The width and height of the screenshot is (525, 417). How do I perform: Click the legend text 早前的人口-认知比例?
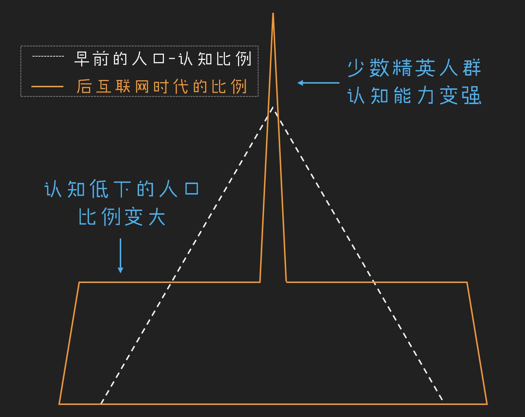tap(163, 58)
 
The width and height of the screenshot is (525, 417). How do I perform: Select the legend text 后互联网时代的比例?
tap(162, 87)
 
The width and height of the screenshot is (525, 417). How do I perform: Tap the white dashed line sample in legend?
tap(48, 56)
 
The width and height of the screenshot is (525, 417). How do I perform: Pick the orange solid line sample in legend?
tap(47, 87)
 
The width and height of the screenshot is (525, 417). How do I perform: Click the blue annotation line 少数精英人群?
tap(414, 68)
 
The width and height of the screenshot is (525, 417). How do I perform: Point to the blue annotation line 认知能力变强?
tap(414, 95)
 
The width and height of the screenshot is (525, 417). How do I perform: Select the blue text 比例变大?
tap(122, 217)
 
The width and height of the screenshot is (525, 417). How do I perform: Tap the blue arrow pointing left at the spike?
tap(318, 83)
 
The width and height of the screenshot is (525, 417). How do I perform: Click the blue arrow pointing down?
tap(120, 256)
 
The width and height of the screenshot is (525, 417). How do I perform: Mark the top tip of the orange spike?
tap(273, 13)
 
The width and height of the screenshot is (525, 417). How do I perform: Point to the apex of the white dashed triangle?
tap(273, 107)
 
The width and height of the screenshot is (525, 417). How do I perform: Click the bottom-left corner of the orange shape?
tap(59, 404)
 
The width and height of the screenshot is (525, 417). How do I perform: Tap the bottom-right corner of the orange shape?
tap(487, 404)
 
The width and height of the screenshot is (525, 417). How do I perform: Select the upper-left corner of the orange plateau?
tap(79, 282)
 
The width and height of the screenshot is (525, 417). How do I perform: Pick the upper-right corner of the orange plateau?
tap(467, 282)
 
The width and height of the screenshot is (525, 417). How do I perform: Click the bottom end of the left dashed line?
tap(101, 403)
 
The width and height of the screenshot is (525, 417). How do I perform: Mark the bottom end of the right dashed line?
tap(442, 400)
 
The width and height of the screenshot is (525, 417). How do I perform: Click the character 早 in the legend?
tap(82, 58)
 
